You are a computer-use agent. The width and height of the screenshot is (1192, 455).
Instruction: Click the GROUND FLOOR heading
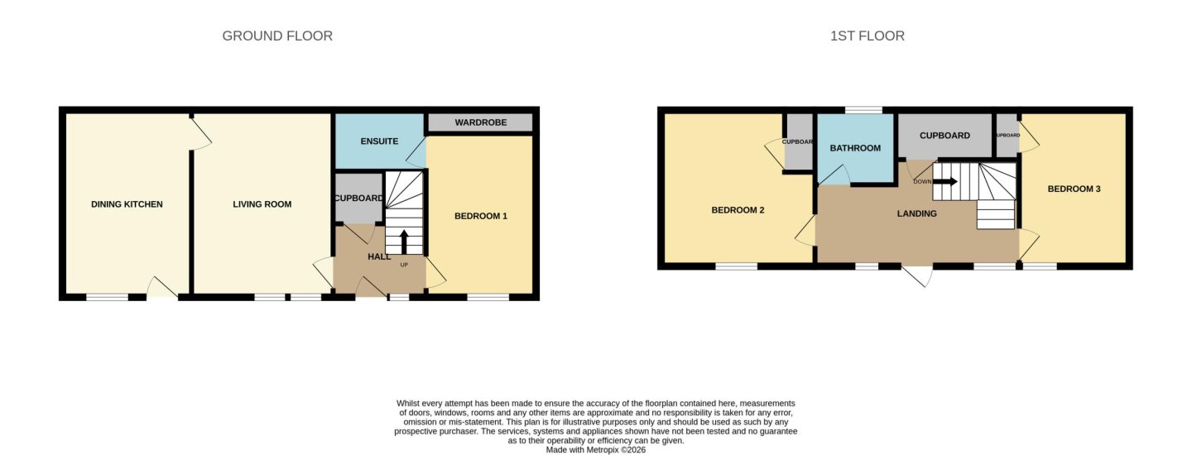[x=277, y=36]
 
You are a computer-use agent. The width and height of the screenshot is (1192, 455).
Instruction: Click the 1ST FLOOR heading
[x=868, y=36]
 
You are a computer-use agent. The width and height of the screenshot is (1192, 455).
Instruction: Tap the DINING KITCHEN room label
[x=127, y=204]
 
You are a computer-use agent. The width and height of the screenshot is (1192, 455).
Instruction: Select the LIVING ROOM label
[x=262, y=204]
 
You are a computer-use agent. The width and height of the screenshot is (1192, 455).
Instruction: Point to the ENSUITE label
[x=379, y=141]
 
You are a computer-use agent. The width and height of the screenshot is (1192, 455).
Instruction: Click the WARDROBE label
[x=480, y=122]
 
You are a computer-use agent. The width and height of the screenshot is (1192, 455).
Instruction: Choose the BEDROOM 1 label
[x=480, y=216]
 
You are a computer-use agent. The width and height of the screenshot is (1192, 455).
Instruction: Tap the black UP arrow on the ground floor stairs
[x=404, y=242]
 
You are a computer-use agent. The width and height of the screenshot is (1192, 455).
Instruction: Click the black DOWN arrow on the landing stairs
[x=945, y=182]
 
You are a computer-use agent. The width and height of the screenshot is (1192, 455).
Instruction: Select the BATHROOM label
[x=855, y=148]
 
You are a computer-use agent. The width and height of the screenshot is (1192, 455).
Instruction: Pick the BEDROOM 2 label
[x=738, y=210]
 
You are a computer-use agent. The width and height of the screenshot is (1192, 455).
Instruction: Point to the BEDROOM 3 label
[x=1074, y=189]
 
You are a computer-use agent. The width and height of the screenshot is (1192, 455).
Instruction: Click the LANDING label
[x=917, y=213]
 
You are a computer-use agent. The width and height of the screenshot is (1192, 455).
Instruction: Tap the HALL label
[x=379, y=256]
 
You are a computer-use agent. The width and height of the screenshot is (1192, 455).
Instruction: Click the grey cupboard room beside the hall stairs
[x=358, y=198]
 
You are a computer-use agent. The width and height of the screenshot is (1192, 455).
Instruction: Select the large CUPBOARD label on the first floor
[x=944, y=136]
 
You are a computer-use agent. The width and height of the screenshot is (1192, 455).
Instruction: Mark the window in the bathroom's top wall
[x=863, y=110]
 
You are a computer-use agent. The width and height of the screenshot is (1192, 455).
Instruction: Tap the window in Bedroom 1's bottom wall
[x=488, y=297]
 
